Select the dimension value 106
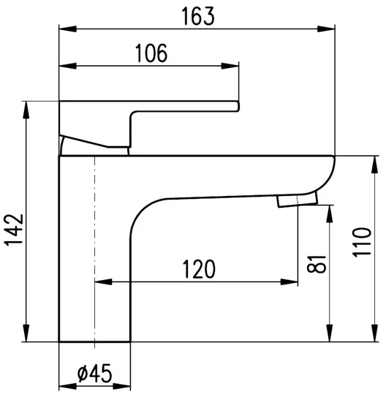[151, 53]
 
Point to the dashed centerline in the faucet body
[94, 249]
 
